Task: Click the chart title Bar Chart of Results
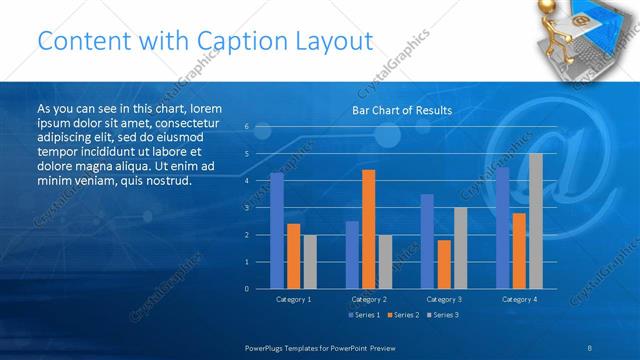click(401, 110)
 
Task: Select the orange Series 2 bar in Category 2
click(368, 229)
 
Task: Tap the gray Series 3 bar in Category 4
click(535, 221)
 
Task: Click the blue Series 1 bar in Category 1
click(277, 231)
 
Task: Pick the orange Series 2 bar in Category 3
click(443, 264)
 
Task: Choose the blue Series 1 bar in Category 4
click(502, 228)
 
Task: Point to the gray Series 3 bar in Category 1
click(310, 261)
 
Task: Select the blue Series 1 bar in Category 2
click(352, 255)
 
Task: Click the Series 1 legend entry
click(363, 315)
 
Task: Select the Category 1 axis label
click(293, 299)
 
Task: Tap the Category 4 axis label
click(518, 299)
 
